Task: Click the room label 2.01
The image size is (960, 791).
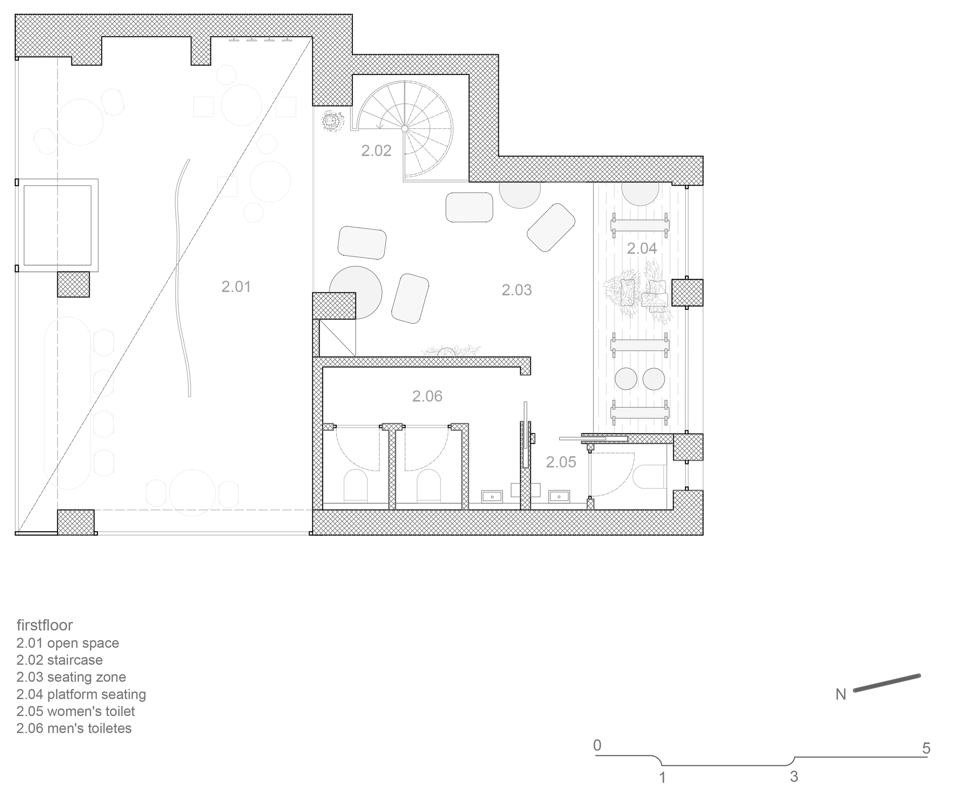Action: [x=236, y=287]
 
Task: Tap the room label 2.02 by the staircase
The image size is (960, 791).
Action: [x=376, y=151]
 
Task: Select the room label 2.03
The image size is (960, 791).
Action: [x=516, y=290]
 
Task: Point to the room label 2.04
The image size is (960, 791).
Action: [x=642, y=248]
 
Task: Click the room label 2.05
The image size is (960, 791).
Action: [x=561, y=462]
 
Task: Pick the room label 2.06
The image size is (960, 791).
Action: [x=427, y=396]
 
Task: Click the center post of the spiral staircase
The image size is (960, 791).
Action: [x=405, y=129]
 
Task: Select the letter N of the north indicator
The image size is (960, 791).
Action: [x=840, y=694]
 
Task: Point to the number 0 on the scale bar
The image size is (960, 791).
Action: [x=597, y=745]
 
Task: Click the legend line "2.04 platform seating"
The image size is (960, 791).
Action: [x=81, y=694]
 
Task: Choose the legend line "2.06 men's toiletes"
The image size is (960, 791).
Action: [x=74, y=728]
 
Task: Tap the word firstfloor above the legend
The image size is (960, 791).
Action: [x=45, y=625]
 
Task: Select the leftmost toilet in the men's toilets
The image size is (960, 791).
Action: [x=356, y=485]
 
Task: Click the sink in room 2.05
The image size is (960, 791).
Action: [x=559, y=496]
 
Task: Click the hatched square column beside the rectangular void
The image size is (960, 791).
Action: [x=73, y=284]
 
